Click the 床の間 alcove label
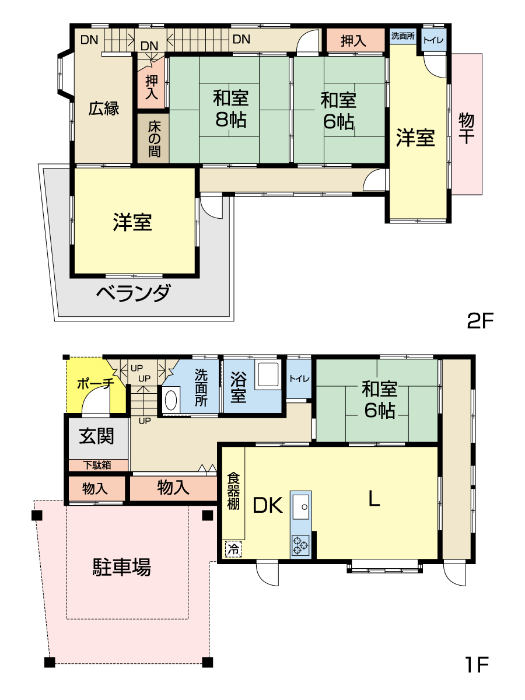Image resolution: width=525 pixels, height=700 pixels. tap(154, 139)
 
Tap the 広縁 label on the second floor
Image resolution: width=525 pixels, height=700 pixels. tap(104, 108)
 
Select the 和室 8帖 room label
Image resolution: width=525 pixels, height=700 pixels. tap(230, 109)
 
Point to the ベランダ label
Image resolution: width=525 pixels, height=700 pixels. tap(134, 293)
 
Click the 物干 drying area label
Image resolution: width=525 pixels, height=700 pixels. tap(466, 128)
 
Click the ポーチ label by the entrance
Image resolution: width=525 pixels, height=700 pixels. tap(95, 384)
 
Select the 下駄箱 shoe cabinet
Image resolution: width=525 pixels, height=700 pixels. tap(97, 466)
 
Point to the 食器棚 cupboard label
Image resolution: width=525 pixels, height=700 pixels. tap(233, 491)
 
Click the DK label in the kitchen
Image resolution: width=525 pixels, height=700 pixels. tap(267, 505)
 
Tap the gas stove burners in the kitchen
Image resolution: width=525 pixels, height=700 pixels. tap(300, 545)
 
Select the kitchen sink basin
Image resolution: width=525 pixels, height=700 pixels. tap(300, 507)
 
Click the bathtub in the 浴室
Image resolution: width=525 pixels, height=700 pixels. tap(268, 374)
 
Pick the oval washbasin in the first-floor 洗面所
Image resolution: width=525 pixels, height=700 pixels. tap(171, 400)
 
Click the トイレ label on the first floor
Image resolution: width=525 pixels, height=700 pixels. tap(299, 379)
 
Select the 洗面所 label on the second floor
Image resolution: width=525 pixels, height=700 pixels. tap(403, 36)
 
